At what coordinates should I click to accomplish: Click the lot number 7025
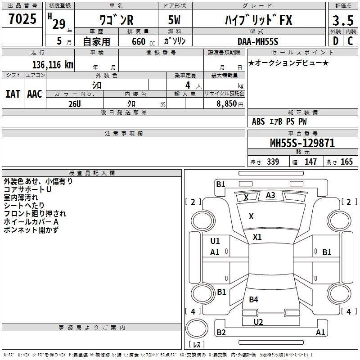[22, 19]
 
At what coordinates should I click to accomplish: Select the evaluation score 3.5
[342, 21]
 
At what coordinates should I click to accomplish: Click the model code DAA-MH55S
[258, 41]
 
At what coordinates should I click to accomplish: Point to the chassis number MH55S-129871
[302, 143]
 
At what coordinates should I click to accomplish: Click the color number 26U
[74, 103]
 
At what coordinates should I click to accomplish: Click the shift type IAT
[13, 94]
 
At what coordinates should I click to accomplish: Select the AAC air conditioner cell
[35, 94]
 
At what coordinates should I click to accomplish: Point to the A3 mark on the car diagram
[270, 195]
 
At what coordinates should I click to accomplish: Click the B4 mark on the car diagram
[254, 300]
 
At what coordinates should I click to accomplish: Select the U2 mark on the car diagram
[258, 322]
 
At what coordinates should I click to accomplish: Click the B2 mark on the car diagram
[221, 333]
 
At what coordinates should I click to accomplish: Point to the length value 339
[272, 162]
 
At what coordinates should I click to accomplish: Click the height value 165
[346, 162]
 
